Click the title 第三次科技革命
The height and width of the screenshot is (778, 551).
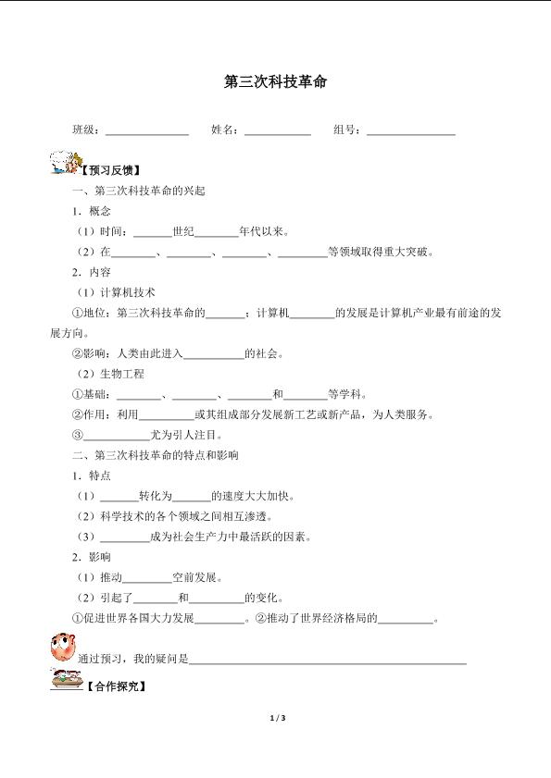[x=275, y=82]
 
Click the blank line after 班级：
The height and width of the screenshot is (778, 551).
[x=147, y=131]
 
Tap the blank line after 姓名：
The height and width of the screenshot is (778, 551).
[x=277, y=131]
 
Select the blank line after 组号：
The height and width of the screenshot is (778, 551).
[x=410, y=131]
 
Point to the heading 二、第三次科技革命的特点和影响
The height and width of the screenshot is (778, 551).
[x=156, y=455]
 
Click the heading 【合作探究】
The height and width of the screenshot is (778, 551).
[x=115, y=687]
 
